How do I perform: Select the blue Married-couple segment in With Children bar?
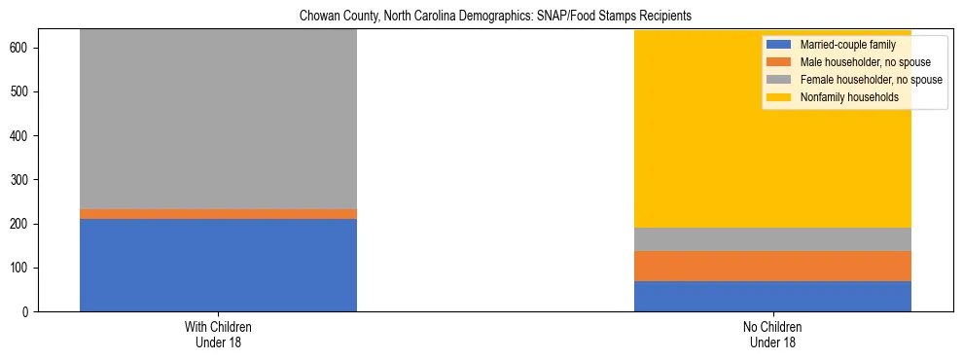(218, 265)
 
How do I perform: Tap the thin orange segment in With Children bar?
(218, 214)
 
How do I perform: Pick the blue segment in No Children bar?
(772, 296)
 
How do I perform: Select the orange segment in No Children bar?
(772, 266)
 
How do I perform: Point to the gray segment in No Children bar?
(772, 239)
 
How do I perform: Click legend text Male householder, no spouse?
(860, 62)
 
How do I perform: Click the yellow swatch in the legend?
(779, 97)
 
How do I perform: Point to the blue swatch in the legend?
(779, 45)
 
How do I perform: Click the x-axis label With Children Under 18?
(218, 334)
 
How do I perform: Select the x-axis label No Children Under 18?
(772, 334)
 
